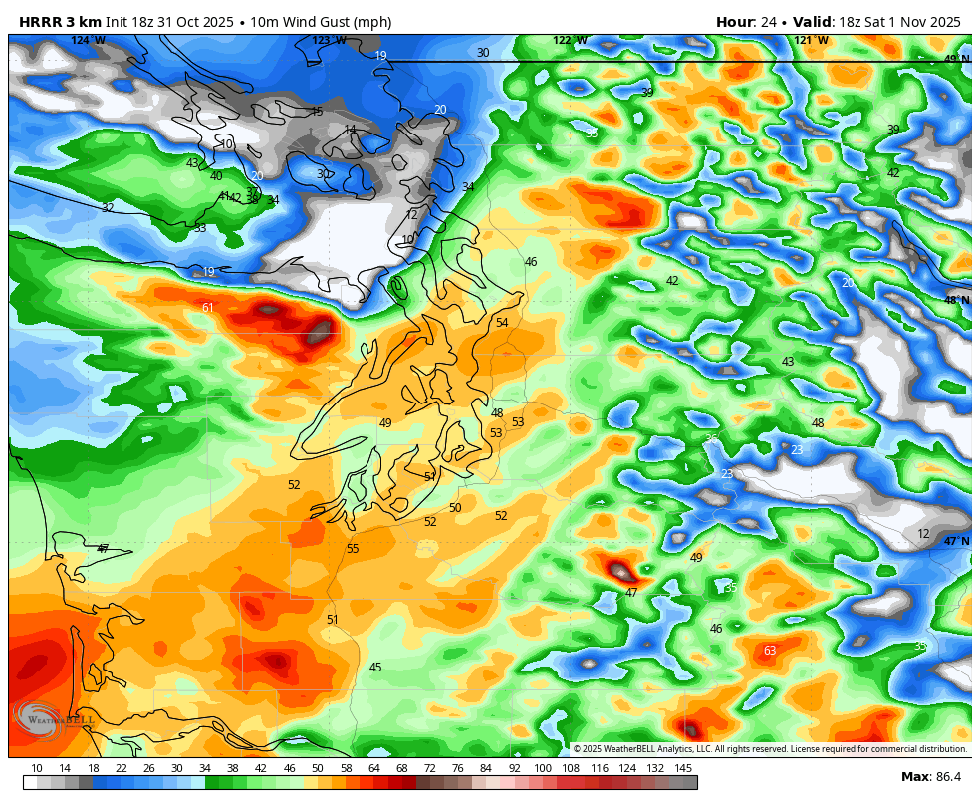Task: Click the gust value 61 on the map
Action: [208, 308]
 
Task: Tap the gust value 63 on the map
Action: [770, 651]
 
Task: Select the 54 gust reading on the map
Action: [502, 323]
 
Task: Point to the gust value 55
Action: [353, 549]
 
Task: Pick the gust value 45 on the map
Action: [375, 668]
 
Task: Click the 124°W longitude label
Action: [88, 41]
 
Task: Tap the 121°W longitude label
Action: [811, 41]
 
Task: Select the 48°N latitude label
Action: [957, 300]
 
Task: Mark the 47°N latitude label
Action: [957, 542]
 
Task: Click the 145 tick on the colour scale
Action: [683, 768]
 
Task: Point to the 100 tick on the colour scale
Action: [543, 768]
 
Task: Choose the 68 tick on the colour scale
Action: [402, 768]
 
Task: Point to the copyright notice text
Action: [770, 749]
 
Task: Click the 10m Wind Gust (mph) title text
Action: [321, 22]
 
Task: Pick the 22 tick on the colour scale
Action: [122, 768]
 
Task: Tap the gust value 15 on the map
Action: [317, 112]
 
